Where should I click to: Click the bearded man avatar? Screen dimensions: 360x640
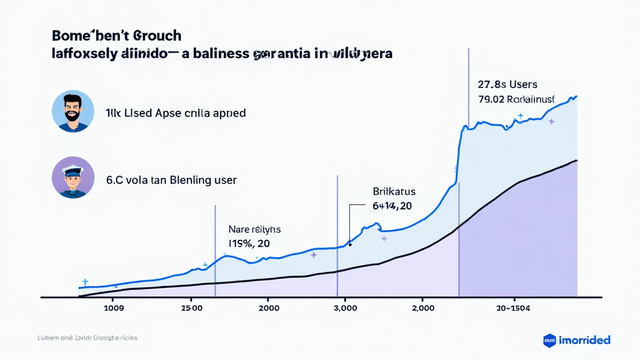point(73,111)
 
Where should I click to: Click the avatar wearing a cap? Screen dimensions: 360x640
point(73,177)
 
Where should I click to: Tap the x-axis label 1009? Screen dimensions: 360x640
point(113,307)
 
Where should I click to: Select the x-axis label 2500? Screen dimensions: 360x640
point(191,307)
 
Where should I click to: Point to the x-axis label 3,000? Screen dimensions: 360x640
point(345,307)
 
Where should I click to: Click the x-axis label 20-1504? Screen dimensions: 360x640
point(514,307)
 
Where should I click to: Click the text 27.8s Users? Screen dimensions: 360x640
point(507,84)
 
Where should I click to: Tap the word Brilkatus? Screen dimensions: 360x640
point(394,192)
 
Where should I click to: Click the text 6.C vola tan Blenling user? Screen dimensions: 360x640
point(171,180)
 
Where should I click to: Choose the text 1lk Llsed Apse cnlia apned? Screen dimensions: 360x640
point(176,114)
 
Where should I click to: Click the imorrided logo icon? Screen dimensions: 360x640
point(549,340)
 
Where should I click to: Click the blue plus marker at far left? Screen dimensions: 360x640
point(85,282)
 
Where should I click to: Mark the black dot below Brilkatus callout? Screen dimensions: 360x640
point(350,244)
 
